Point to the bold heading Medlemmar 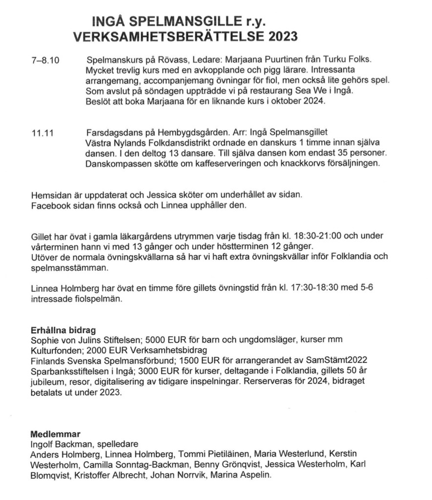coord(55,434)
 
